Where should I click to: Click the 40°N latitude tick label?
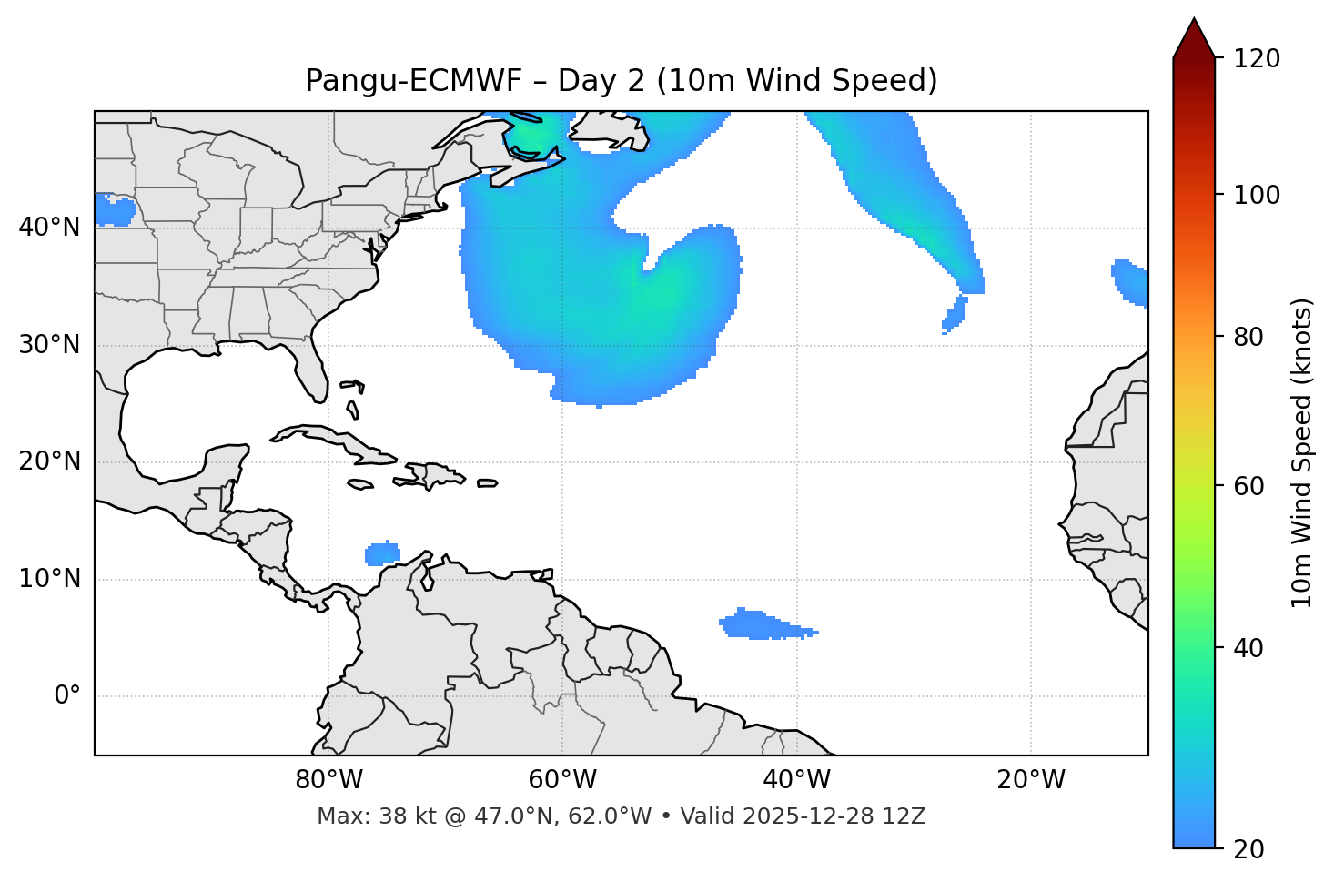point(49,228)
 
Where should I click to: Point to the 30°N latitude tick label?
point(49,345)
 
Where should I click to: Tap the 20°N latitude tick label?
point(49,461)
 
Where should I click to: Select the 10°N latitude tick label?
point(49,579)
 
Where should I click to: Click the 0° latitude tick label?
point(66,696)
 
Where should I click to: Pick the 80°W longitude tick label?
point(328,780)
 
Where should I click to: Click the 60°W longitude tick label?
point(562,780)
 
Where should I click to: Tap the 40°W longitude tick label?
point(796,780)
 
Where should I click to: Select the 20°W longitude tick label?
point(1030,780)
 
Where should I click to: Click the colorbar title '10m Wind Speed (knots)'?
point(1302,452)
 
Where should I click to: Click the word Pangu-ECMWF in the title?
point(413,81)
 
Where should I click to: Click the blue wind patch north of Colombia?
point(382,553)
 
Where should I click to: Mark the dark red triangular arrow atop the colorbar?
point(1194,40)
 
